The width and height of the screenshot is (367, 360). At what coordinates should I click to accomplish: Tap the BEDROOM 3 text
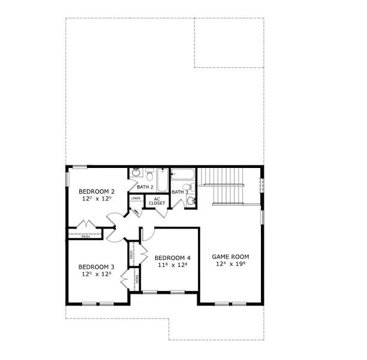tap(96, 267)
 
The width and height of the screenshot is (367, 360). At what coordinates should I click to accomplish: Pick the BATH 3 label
tap(180, 192)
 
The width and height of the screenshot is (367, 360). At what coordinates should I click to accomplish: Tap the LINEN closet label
tap(136, 198)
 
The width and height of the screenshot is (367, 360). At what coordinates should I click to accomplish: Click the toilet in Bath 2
tap(149, 175)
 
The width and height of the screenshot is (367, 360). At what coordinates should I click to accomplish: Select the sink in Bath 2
tap(136, 174)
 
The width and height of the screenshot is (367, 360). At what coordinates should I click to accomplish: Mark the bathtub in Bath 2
tap(163, 178)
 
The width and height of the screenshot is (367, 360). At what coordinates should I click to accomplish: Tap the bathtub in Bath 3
tap(182, 175)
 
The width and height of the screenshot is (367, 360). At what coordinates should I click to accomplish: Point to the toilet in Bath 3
tap(187, 187)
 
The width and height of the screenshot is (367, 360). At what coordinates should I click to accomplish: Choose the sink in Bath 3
tap(191, 201)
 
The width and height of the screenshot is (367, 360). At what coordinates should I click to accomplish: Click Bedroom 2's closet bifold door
tap(86, 225)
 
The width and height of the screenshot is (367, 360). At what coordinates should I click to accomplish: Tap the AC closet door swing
tap(136, 212)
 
